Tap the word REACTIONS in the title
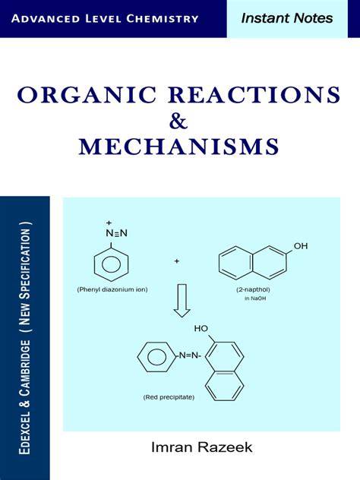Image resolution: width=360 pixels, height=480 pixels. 254,95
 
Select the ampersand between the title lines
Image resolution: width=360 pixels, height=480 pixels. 178,121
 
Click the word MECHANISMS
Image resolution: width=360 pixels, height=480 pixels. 179,147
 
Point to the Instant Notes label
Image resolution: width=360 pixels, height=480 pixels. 287,18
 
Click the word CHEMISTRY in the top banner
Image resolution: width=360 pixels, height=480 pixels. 163,19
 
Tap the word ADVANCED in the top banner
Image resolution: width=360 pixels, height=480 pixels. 46,19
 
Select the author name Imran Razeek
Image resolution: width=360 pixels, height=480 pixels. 202,447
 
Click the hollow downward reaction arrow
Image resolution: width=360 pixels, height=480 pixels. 182,301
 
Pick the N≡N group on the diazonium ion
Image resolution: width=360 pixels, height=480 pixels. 116,233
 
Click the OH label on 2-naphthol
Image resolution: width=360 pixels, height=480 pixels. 301,246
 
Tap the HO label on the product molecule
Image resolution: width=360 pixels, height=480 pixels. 201,329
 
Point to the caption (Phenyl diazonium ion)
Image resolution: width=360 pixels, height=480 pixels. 112,289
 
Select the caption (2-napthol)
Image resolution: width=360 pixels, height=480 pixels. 253,289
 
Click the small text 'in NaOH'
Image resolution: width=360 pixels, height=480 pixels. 255,298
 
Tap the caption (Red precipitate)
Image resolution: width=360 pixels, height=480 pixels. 169,397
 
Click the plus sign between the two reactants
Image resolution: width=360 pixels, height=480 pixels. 177,261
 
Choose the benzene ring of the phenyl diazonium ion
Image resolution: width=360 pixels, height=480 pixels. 111,264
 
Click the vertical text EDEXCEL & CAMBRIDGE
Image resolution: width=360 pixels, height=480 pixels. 25,397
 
